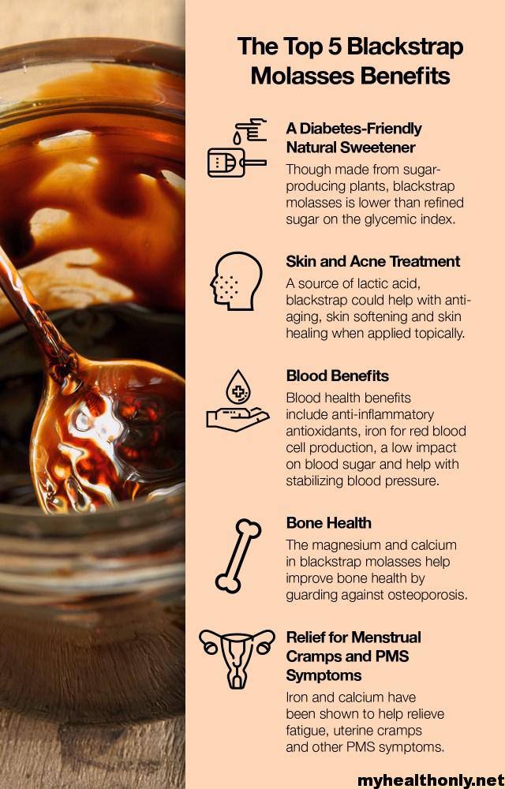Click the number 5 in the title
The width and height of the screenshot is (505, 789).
coord(336,47)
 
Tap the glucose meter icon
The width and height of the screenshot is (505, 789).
coord(237,148)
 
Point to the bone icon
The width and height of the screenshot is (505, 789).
coord(238,556)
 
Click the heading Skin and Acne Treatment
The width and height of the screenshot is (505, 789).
coord(372,262)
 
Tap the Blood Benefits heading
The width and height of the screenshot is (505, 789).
coord(337,376)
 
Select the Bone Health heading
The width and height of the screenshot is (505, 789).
coord(328,523)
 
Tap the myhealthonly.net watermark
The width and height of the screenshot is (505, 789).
coord(431,780)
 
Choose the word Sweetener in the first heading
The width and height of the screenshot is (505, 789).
coord(378,148)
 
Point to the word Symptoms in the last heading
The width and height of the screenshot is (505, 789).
coord(324,676)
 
